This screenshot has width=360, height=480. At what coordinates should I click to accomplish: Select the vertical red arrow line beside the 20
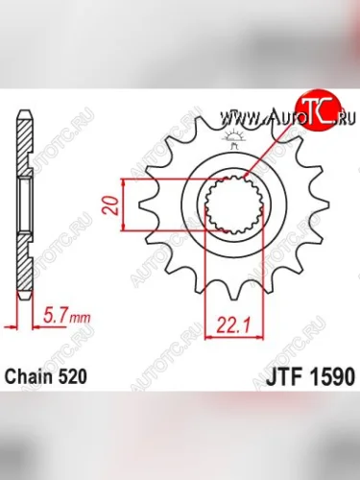(x=123, y=204)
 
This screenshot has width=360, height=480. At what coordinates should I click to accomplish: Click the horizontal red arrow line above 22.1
(x=233, y=309)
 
